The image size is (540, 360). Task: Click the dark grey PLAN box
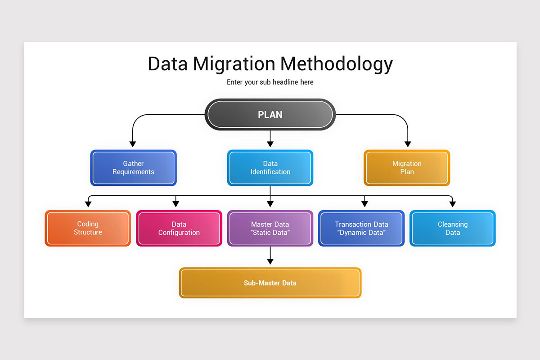pos(270,114)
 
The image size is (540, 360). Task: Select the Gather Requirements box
pos(133,168)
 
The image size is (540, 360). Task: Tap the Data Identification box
pos(270,168)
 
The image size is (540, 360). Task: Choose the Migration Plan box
pos(407,168)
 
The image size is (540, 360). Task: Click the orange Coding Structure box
pos(88,228)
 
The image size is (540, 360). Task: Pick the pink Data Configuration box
pos(179,228)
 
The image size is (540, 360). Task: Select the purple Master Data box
pos(270,228)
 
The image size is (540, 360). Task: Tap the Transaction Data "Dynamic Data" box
pos(361,228)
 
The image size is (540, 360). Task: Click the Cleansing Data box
pos(452,228)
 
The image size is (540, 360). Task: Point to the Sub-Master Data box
pos(270,283)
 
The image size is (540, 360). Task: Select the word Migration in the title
pos(234,64)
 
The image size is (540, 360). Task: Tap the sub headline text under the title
pos(270,82)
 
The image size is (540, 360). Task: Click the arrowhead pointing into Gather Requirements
pos(132,144)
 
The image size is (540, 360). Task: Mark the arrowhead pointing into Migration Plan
pos(408,144)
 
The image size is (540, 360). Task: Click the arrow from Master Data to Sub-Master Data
pos(270,256)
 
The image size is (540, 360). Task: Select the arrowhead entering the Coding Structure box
pos(88,204)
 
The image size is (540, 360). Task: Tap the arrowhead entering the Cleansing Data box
pos(453,204)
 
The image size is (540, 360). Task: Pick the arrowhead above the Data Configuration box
pos(176,204)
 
